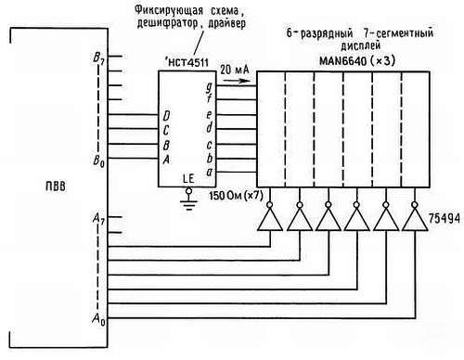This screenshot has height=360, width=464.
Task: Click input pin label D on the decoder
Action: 166,116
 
